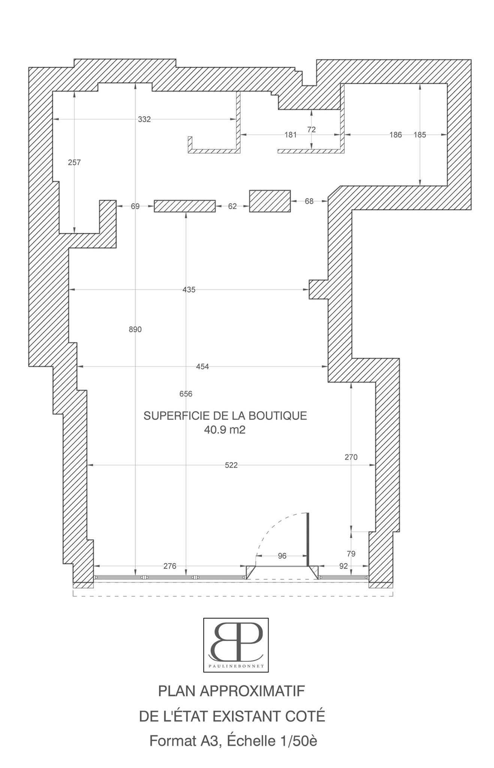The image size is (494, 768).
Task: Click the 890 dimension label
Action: (135, 329)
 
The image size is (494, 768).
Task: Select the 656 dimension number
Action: (186, 394)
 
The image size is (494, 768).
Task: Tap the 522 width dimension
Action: (231, 465)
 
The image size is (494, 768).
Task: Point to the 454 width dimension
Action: (202, 367)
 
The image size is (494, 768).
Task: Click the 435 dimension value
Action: (189, 289)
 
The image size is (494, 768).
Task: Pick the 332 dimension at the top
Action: (144, 119)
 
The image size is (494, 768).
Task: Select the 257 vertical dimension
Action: (74, 163)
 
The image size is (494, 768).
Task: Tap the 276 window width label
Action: (170, 566)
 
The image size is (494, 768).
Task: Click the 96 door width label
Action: (282, 556)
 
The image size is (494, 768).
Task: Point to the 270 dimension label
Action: (351, 457)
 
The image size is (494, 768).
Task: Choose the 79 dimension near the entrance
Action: (351, 553)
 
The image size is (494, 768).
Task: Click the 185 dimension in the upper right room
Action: (420, 135)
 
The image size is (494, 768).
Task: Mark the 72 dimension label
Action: (311, 130)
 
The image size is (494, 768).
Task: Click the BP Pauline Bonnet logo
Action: (236, 645)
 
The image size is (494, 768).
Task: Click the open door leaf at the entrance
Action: (308, 539)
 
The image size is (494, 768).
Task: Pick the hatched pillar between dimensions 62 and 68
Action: (270, 201)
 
